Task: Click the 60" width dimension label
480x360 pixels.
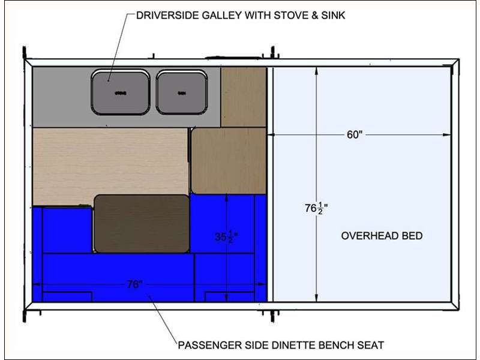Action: point(355,135)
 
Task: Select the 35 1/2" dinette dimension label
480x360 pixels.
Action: point(226,236)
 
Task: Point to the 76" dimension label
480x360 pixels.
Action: point(134,284)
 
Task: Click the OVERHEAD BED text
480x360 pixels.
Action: point(382,236)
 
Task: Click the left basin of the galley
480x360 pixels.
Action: point(121,92)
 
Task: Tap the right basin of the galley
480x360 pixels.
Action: point(182,92)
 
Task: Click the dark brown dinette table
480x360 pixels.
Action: point(142,223)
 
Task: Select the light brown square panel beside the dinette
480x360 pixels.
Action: point(229,160)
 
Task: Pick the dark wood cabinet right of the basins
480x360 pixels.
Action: point(244,97)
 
